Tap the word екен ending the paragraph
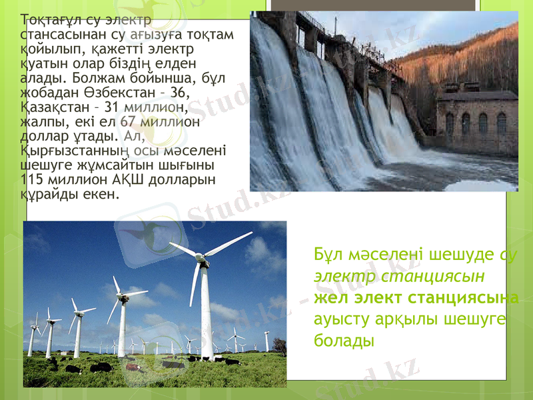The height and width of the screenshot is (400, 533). (102, 195)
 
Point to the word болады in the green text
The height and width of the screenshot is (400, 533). (342, 339)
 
